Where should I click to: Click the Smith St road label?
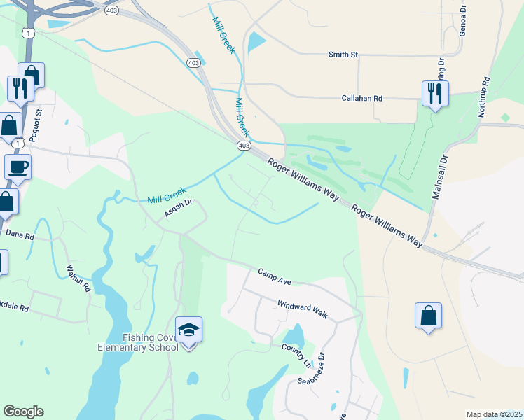(x=343, y=54)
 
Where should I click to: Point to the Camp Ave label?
(x=274, y=276)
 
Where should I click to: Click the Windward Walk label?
(x=302, y=309)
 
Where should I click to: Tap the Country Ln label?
(x=296, y=356)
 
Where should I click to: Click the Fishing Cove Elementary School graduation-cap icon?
(x=188, y=329)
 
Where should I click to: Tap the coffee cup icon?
(x=18, y=167)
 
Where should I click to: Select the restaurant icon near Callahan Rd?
(x=435, y=93)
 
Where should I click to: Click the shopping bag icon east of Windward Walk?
(x=428, y=316)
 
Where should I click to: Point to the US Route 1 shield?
(x=27, y=33)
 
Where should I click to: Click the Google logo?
(x=23, y=412)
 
